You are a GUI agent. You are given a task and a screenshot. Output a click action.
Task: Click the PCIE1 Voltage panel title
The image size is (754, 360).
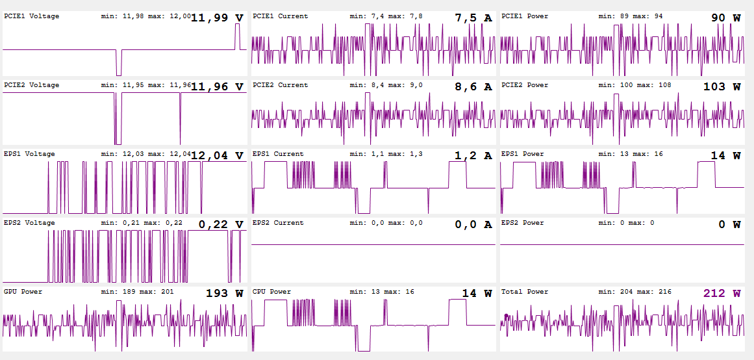click(31, 16)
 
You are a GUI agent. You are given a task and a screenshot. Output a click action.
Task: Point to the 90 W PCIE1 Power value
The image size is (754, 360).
click(725, 18)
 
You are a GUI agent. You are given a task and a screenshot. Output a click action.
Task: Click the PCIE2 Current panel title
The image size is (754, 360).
click(280, 85)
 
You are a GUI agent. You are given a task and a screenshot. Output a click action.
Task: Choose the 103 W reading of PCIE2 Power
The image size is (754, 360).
click(722, 87)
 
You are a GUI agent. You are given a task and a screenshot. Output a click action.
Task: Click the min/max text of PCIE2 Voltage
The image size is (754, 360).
click(146, 85)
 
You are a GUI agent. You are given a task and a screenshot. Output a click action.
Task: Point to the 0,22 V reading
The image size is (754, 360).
click(220, 225)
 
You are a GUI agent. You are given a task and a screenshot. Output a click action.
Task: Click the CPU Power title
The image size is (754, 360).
click(271, 292)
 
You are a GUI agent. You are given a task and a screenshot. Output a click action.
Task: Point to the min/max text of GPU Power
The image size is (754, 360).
click(137, 292)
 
